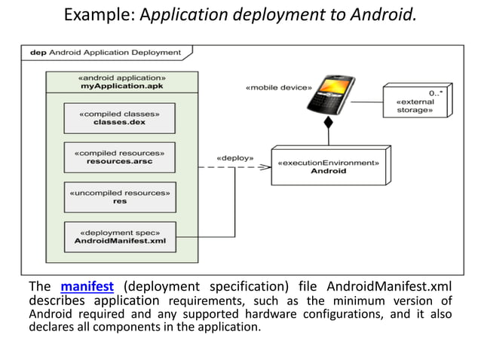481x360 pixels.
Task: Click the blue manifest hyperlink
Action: coord(87,287)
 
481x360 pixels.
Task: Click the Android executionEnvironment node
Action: coord(328,166)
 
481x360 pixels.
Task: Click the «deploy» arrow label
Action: coord(234,159)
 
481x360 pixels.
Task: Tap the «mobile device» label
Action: coord(278,87)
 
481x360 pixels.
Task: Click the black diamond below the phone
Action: coord(328,123)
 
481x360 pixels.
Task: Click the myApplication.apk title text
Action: coord(122,87)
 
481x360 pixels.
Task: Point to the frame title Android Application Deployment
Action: coord(106,53)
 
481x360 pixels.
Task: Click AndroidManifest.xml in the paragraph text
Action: coord(389,287)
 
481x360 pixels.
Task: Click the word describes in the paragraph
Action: coord(59,301)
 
